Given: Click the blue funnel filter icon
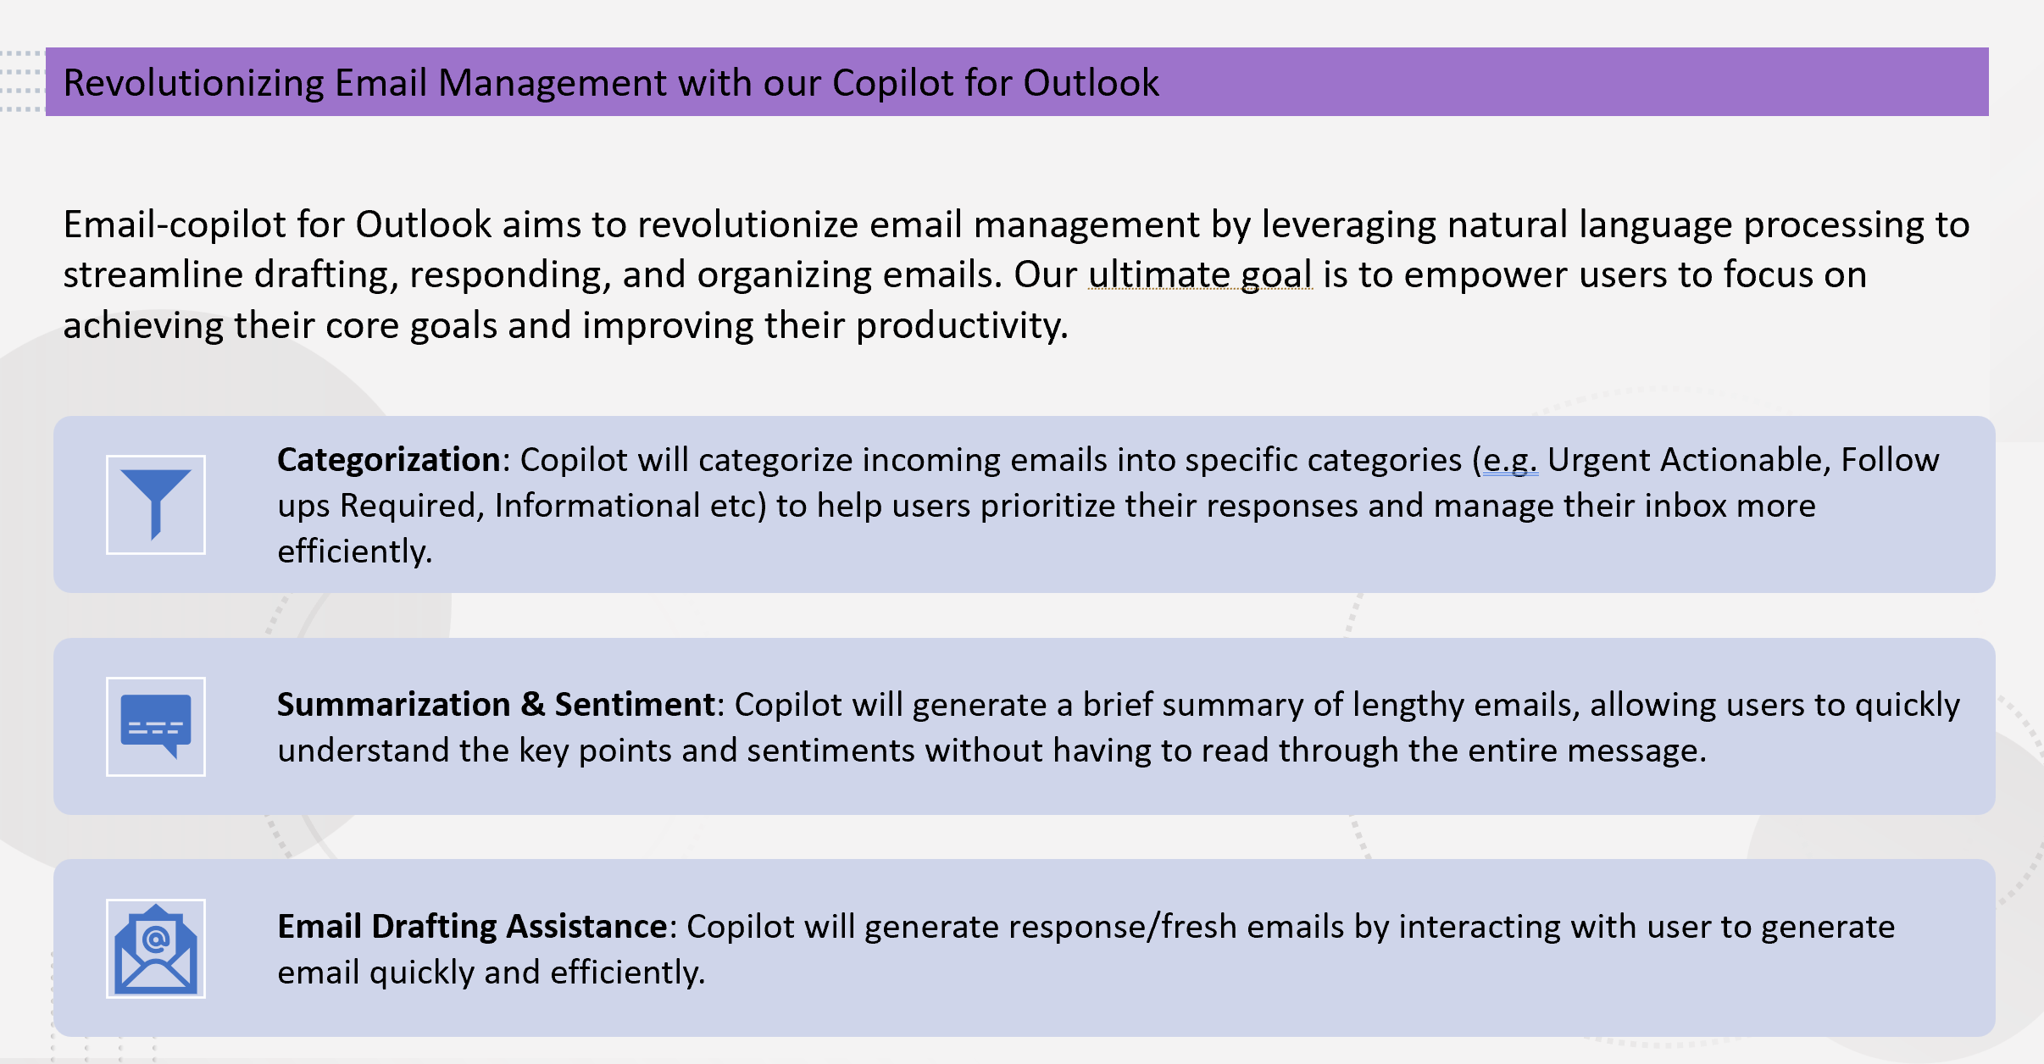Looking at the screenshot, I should (x=156, y=504).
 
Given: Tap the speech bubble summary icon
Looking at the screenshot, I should (x=156, y=726).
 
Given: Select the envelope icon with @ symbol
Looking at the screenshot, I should (x=156, y=948).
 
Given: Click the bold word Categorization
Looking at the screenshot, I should (x=389, y=460).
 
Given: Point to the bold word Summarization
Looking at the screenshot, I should (x=393, y=705).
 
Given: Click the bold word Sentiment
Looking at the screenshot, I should (x=635, y=705).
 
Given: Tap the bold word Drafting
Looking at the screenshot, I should (x=434, y=927).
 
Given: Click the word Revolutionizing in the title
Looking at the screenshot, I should (x=193, y=83).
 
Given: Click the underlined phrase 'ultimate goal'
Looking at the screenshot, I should (x=1200, y=275).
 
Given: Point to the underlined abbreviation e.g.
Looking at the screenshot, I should (x=1509, y=460).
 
